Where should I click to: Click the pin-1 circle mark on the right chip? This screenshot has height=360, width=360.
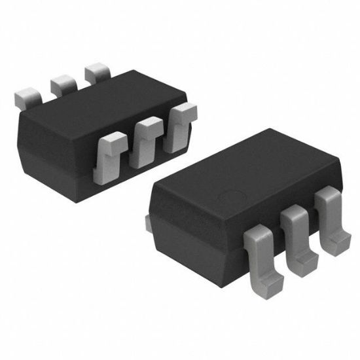[x=231, y=194]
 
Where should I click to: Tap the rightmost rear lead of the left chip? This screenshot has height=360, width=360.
[x=97, y=70]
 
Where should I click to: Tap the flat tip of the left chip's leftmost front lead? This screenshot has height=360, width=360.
[x=112, y=139]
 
